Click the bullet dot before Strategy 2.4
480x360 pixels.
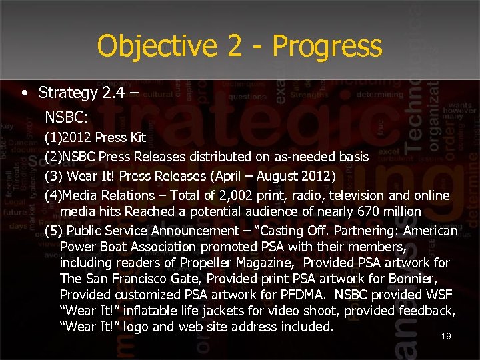pos(24,92)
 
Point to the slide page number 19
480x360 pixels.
pos(446,336)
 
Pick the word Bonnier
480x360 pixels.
pos(427,279)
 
